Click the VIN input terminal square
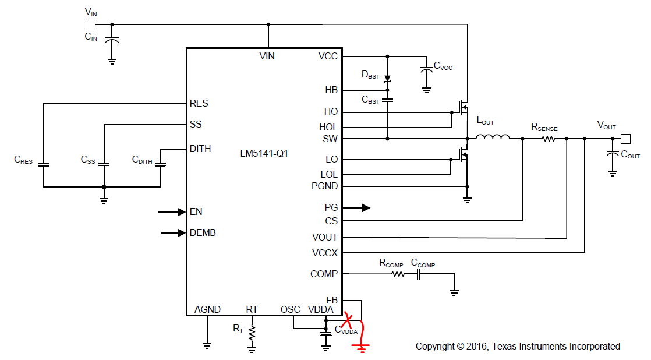pyautogui.click(x=90, y=24)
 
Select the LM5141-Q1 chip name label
pyautogui.click(x=264, y=154)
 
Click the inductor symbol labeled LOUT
pyautogui.click(x=493, y=137)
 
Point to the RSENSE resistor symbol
pyautogui.click(x=548, y=139)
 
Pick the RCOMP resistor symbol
pyautogui.click(x=397, y=273)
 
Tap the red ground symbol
pyautogui.click(x=362, y=347)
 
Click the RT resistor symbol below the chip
pyautogui.click(x=252, y=333)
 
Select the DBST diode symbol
pyautogui.click(x=387, y=78)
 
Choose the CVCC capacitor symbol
pyautogui.click(x=426, y=69)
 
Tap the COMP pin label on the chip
pyautogui.click(x=324, y=274)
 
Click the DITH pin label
pyautogui.click(x=200, y=149)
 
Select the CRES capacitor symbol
pyautogui.click(x=43, y=164)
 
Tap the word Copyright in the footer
pyautogui.click(x=435, y=347)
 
